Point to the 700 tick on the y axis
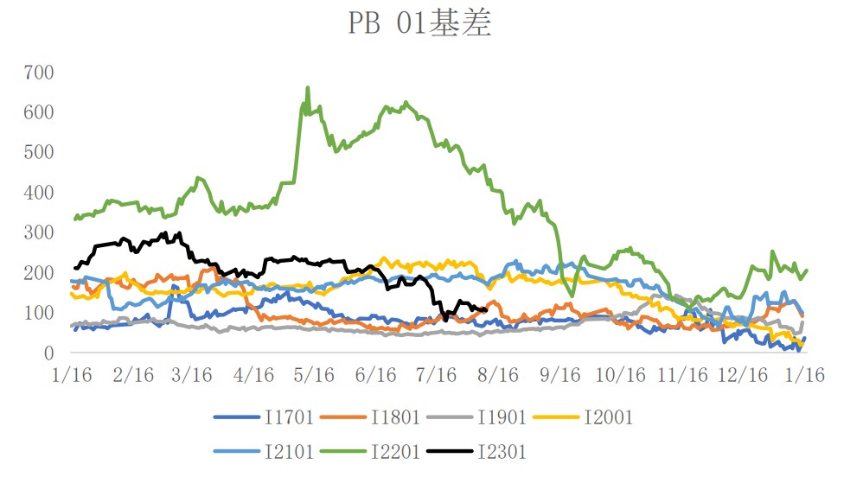[x=39, y=72]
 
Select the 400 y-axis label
[x=39, y=192]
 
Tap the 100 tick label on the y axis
[x=39, y=313]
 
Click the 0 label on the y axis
[x=49, y=353]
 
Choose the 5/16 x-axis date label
[x=315, y=375]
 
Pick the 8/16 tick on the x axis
[x=498, y=375]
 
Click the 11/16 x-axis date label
[x=682, y=375]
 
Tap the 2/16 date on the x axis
[x=131, y=375]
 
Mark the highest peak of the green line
[x=308, y=87]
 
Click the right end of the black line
[x=486, y=310]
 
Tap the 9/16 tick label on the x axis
[x=559, y=375]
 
